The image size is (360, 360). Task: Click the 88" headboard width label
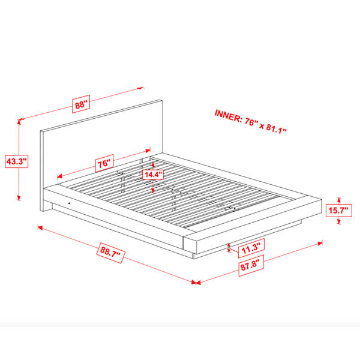click(x=81, y=104)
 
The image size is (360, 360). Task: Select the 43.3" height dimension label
click(x=17, y=161)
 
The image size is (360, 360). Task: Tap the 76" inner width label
click(x=104, y=163)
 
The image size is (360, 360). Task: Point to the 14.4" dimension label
click(x=153, y=175)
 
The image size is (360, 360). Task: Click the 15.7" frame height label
click(x=338, y=211)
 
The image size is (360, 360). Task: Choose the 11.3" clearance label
click(x=251, y=248)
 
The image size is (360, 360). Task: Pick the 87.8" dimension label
click(x=251, y=265)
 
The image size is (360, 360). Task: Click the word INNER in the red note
click(x=227, y=116)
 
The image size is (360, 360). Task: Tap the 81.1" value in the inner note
click(x=277, y=129)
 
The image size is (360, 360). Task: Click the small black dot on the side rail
click(x=70, y=203)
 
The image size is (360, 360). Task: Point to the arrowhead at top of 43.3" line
click(x=19, y=122)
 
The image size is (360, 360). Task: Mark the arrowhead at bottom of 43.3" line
click(x=19, y=198)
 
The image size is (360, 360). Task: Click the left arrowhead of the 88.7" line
click(x=40, y=227)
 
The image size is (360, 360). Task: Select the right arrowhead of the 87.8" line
click(x=320, y=243)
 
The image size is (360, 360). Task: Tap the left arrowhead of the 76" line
click(x=59, y=176)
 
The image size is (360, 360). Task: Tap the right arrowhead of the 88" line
click(x=140, y=88)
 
